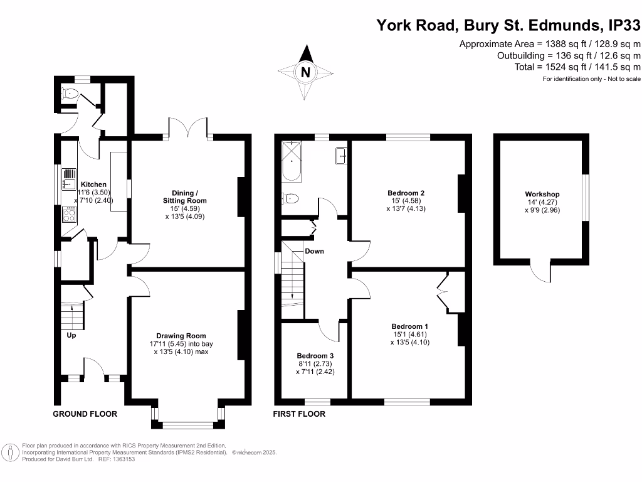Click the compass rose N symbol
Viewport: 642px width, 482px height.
(305, 72)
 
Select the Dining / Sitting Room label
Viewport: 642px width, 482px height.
(189, 196)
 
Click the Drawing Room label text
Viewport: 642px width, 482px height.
(181, 336)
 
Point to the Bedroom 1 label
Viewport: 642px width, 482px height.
(410, 326)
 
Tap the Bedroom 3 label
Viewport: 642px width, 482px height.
(313, 355)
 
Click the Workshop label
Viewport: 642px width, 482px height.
(542, 195)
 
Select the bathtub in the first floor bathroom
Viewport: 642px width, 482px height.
(292, 161)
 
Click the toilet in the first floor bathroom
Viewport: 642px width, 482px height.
(290, 198)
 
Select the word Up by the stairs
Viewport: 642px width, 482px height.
(72, 335)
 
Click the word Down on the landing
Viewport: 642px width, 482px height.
(314, 251)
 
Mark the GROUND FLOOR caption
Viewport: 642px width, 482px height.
(85, 414)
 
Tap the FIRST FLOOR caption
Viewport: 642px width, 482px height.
(299, 414)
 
